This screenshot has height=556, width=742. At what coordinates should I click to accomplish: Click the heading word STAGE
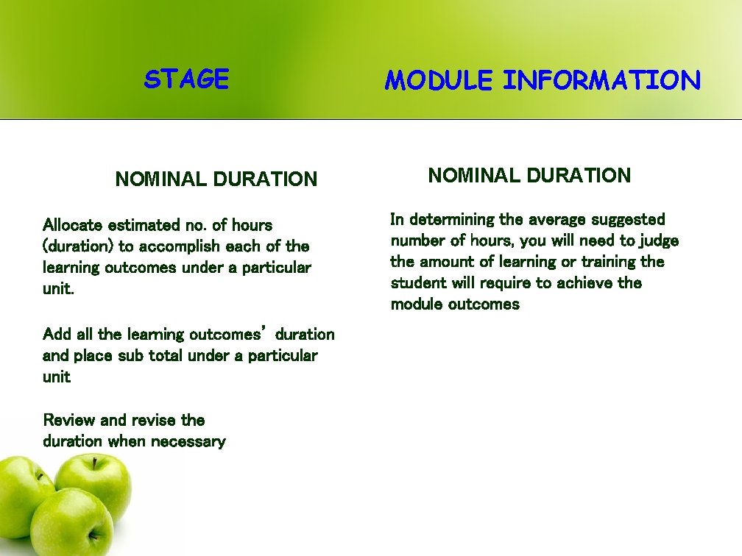point(186,79)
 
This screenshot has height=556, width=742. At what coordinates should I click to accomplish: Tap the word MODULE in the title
point(438,80)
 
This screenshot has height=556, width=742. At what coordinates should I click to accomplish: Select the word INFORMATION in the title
point(601,80)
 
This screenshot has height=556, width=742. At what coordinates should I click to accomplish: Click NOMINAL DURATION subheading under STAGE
point(216,179)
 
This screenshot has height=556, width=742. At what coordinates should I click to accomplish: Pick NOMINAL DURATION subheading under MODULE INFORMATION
point(529,175)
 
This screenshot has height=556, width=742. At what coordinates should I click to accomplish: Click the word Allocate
point(73,225)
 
